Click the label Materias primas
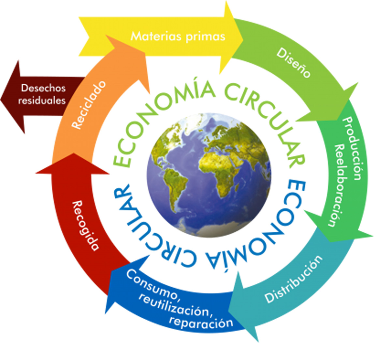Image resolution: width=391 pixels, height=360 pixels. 178,37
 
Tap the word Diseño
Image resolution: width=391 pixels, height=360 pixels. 293,63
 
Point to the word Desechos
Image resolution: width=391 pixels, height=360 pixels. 43,88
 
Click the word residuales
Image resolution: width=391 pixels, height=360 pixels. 42,101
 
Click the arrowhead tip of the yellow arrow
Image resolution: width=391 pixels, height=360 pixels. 243,38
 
